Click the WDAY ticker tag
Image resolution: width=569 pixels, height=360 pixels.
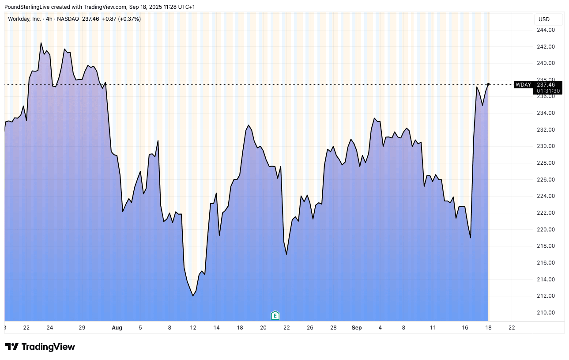coord(524,85)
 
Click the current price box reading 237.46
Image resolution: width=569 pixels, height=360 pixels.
coord(549,85)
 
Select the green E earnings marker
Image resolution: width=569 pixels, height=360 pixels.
coord(275,315)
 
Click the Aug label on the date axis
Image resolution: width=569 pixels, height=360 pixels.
coord(117,328)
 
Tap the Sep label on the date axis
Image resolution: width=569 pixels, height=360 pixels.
coord(357,328)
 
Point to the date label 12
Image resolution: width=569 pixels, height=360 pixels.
coord(193,328)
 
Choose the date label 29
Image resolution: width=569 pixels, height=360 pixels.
coord(82,328)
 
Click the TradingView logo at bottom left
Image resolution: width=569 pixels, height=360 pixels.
coord(40,347)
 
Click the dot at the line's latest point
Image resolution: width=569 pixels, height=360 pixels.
coord(488,84)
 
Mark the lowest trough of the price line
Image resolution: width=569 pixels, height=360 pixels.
coord(193,296)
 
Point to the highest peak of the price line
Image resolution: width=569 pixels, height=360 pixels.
coord(41,43)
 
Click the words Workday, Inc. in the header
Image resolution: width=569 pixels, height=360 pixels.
coord(25,19)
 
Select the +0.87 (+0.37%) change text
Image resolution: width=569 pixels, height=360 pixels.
coord(121,19)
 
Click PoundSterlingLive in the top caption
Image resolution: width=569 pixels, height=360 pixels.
coord(27,7)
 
